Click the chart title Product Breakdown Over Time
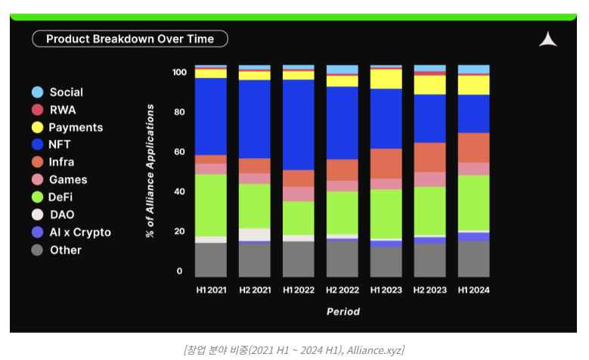point(130,39)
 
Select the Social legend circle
point(37,92)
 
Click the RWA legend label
point(63,110)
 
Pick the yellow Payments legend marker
point(37,127)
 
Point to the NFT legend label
point(60,144)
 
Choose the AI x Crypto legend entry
point(79,232)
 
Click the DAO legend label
point(62,215)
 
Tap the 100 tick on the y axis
point(178,73)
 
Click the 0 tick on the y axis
point(180,271)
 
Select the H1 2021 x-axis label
point(211,290)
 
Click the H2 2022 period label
point(342,290)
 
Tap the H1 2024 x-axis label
point(473,290)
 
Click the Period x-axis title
point(343,312)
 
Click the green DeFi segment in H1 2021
point(211,205)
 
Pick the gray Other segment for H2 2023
point(429,259)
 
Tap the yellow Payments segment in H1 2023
point(386,79)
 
